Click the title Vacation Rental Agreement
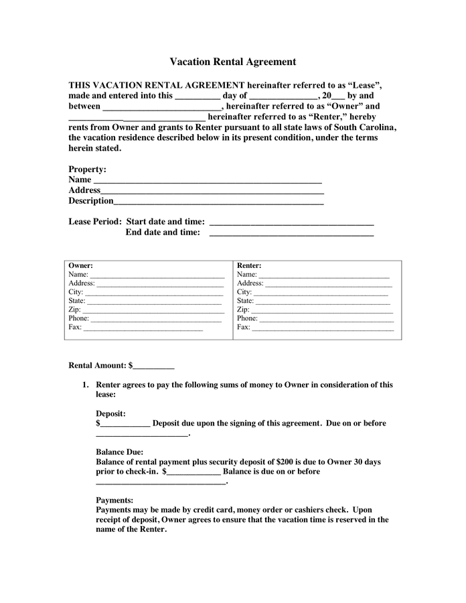[x=232, y=62]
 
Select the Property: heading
[x=87, y=170]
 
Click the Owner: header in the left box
[x=80, y=265]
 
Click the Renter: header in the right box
[x=249, y=265]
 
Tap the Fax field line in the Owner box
[x=143, y=329]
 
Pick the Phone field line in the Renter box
[x=327, y=320]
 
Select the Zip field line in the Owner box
[x=153, y=312]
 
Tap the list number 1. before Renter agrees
[x=85, y=385]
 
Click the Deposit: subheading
[x=110, y=413]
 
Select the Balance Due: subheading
[x=119, y=452]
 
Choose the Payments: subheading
[x=114, y=500]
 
